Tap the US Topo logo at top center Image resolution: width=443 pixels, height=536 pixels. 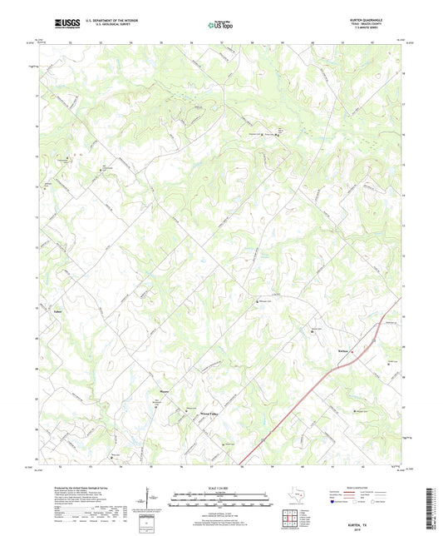[220, 25]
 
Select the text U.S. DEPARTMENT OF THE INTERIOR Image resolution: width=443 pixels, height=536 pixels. [105, 20]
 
